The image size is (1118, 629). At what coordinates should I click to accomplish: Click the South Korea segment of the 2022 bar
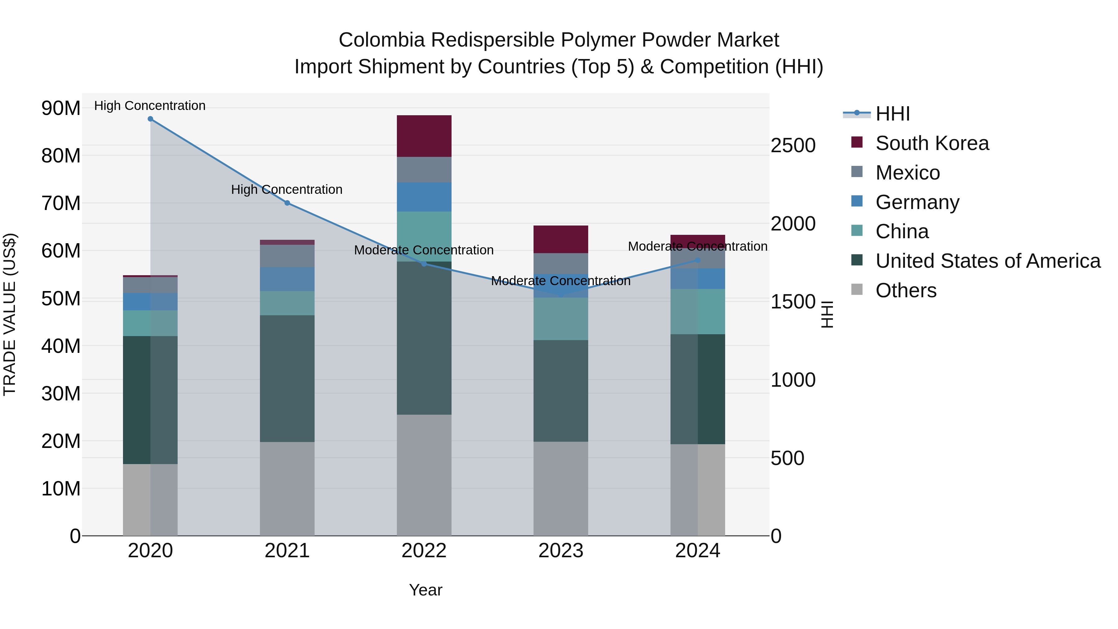(424, 136)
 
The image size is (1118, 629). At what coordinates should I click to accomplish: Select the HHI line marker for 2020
(150, 119)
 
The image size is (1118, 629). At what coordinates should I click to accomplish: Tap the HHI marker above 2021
(287, 203)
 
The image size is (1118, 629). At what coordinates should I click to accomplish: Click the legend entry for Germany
(917, 202)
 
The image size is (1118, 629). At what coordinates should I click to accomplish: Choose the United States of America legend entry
(988, 261)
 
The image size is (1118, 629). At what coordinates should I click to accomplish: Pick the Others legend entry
(906, 290)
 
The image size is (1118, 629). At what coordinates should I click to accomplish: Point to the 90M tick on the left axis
(61, 108)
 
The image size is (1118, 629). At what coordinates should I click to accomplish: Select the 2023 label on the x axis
(561, 551)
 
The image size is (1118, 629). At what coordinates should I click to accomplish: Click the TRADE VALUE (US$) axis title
(10, 314)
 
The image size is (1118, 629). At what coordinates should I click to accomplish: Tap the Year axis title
(425, 590)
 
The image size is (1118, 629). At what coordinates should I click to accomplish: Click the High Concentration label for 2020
(150, 106)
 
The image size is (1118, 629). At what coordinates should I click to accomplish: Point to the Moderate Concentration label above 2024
(698, 246)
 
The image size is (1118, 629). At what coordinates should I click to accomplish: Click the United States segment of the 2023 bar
(561, 391)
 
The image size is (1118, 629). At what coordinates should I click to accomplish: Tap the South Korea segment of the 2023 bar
(561, 239)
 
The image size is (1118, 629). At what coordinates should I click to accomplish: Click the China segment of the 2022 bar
(424, 237)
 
